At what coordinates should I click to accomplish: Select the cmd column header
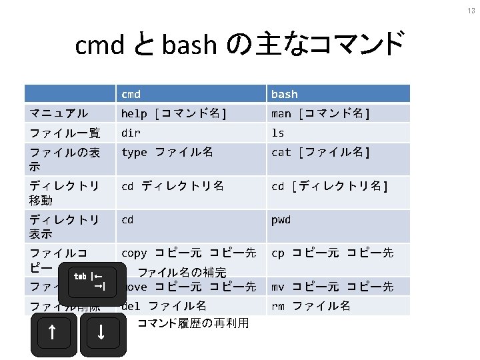(x=131, y=94)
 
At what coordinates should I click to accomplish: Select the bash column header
(x=285, y=94)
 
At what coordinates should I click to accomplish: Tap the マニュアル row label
(x=59, y=114)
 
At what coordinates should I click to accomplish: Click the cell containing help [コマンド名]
(x=174, y=114)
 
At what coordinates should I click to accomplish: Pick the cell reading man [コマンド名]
(x=321, y=114)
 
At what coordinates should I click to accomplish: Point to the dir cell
(x=131, y=133)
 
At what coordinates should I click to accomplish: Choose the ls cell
(x=277, y=133)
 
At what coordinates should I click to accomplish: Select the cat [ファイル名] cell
(x=321, y=153)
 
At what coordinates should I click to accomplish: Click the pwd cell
(x=281, y=219)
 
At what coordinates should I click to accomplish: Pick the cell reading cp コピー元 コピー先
(x=332, y=253)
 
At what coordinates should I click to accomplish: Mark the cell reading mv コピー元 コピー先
(x=332, y=287)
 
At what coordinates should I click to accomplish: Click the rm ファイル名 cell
(x=311, y=307)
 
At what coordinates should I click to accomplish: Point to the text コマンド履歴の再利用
(x=193, y=324)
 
